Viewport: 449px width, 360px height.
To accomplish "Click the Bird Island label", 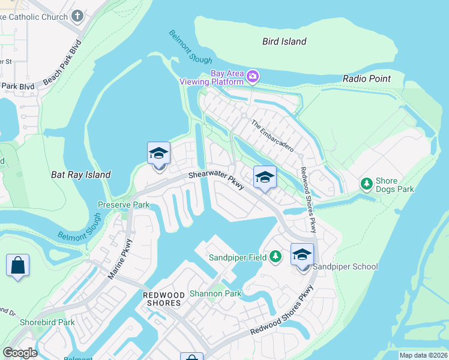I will tap(285, 41).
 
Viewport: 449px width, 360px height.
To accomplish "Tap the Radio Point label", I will tap(366, 79).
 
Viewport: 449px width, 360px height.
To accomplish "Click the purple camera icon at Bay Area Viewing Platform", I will tap(253, 76).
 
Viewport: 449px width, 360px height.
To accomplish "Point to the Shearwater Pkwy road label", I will tap(216, 180).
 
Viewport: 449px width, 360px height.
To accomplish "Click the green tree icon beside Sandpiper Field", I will tap(275, 257).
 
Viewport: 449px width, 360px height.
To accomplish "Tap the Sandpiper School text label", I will tap(346, 266).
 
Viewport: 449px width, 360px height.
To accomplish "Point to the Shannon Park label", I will tap(215, 293).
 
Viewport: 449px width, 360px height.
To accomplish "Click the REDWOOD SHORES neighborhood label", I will tap(161, 299).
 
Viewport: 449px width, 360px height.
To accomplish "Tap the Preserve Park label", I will tap(123, 204).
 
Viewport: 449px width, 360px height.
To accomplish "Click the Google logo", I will tap(20, 352).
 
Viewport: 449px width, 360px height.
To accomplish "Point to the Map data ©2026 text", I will tap(422, 355).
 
